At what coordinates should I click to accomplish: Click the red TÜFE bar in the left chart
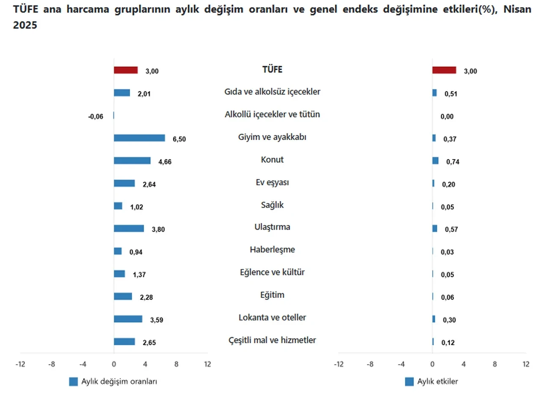click(126, 70)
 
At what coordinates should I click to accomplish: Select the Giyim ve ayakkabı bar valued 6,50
click(139, 138)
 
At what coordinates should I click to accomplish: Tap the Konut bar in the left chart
click(132, 161)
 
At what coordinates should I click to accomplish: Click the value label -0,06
click(96, 117)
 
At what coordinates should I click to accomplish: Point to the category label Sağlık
click(272, 205)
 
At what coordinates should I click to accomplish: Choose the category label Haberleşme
click(272, 250)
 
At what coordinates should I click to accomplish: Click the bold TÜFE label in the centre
click(272, 70)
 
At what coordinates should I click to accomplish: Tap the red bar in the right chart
click(444, 70)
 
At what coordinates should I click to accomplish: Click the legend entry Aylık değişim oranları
click(113, 382)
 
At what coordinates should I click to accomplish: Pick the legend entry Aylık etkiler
click(432, 382)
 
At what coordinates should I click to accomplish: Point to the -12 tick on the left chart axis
click(20, 364)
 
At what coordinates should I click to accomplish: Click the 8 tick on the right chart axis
click(495, 364)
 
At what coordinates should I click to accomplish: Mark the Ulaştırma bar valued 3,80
click(128, 228)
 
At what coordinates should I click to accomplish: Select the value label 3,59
click(157, 320)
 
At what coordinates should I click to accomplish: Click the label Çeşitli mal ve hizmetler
click(272, 340)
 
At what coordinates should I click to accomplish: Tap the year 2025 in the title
click(25, 25)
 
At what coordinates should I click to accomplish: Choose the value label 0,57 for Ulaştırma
click(451, 230)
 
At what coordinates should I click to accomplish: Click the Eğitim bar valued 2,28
click(123, 297)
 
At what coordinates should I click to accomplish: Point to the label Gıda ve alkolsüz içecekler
click(272, 92)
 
